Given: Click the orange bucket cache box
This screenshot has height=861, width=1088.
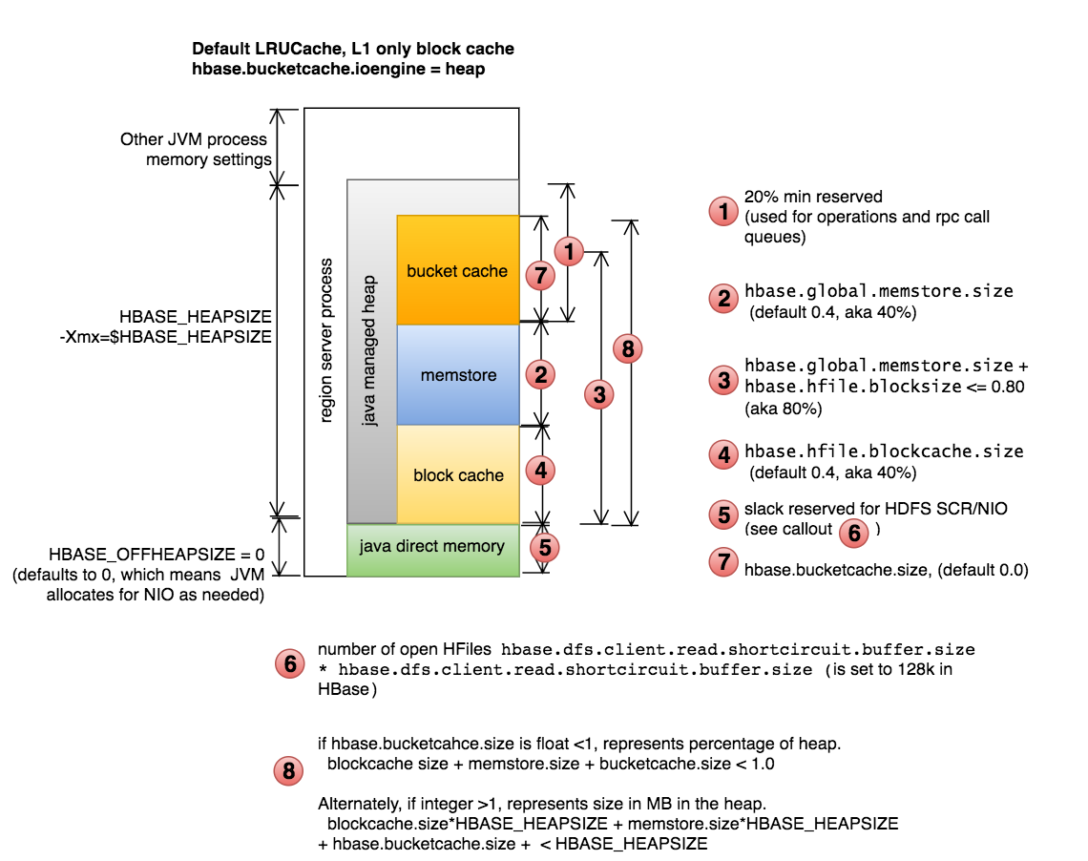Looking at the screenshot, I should click(457, 271).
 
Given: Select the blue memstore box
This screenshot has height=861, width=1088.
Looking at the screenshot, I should click(458, 375).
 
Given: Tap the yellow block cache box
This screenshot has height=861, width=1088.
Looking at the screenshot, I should click(458, 475).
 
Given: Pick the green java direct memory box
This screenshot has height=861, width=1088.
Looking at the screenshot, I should click(431, 547).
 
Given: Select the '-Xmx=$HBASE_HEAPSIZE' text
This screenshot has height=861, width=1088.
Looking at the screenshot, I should click(164, 336).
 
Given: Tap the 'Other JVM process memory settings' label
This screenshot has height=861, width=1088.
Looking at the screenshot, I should click(196, 150).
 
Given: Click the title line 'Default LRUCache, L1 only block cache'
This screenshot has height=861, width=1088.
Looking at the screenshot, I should click(353, 49).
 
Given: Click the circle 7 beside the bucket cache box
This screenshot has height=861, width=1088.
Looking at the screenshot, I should click(541, 276).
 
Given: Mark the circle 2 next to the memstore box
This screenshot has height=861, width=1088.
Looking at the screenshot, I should click(541, 374).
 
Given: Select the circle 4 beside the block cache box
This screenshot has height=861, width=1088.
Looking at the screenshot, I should click(541, 470).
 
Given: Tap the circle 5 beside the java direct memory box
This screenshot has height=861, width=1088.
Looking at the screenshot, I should click(544, 547).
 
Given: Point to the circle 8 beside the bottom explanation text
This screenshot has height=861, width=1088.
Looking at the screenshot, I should click(289, 771).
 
